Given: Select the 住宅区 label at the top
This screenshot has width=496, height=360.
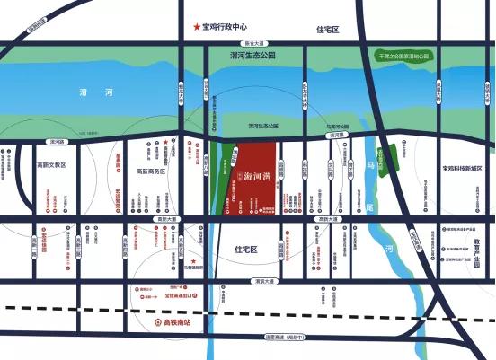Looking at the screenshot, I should tap(328, 30).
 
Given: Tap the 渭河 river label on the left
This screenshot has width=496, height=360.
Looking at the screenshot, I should tap(90, 92).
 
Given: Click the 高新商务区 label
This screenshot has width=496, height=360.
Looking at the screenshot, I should tap(151, 171).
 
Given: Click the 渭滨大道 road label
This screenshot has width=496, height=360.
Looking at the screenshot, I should tap(267, 281).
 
